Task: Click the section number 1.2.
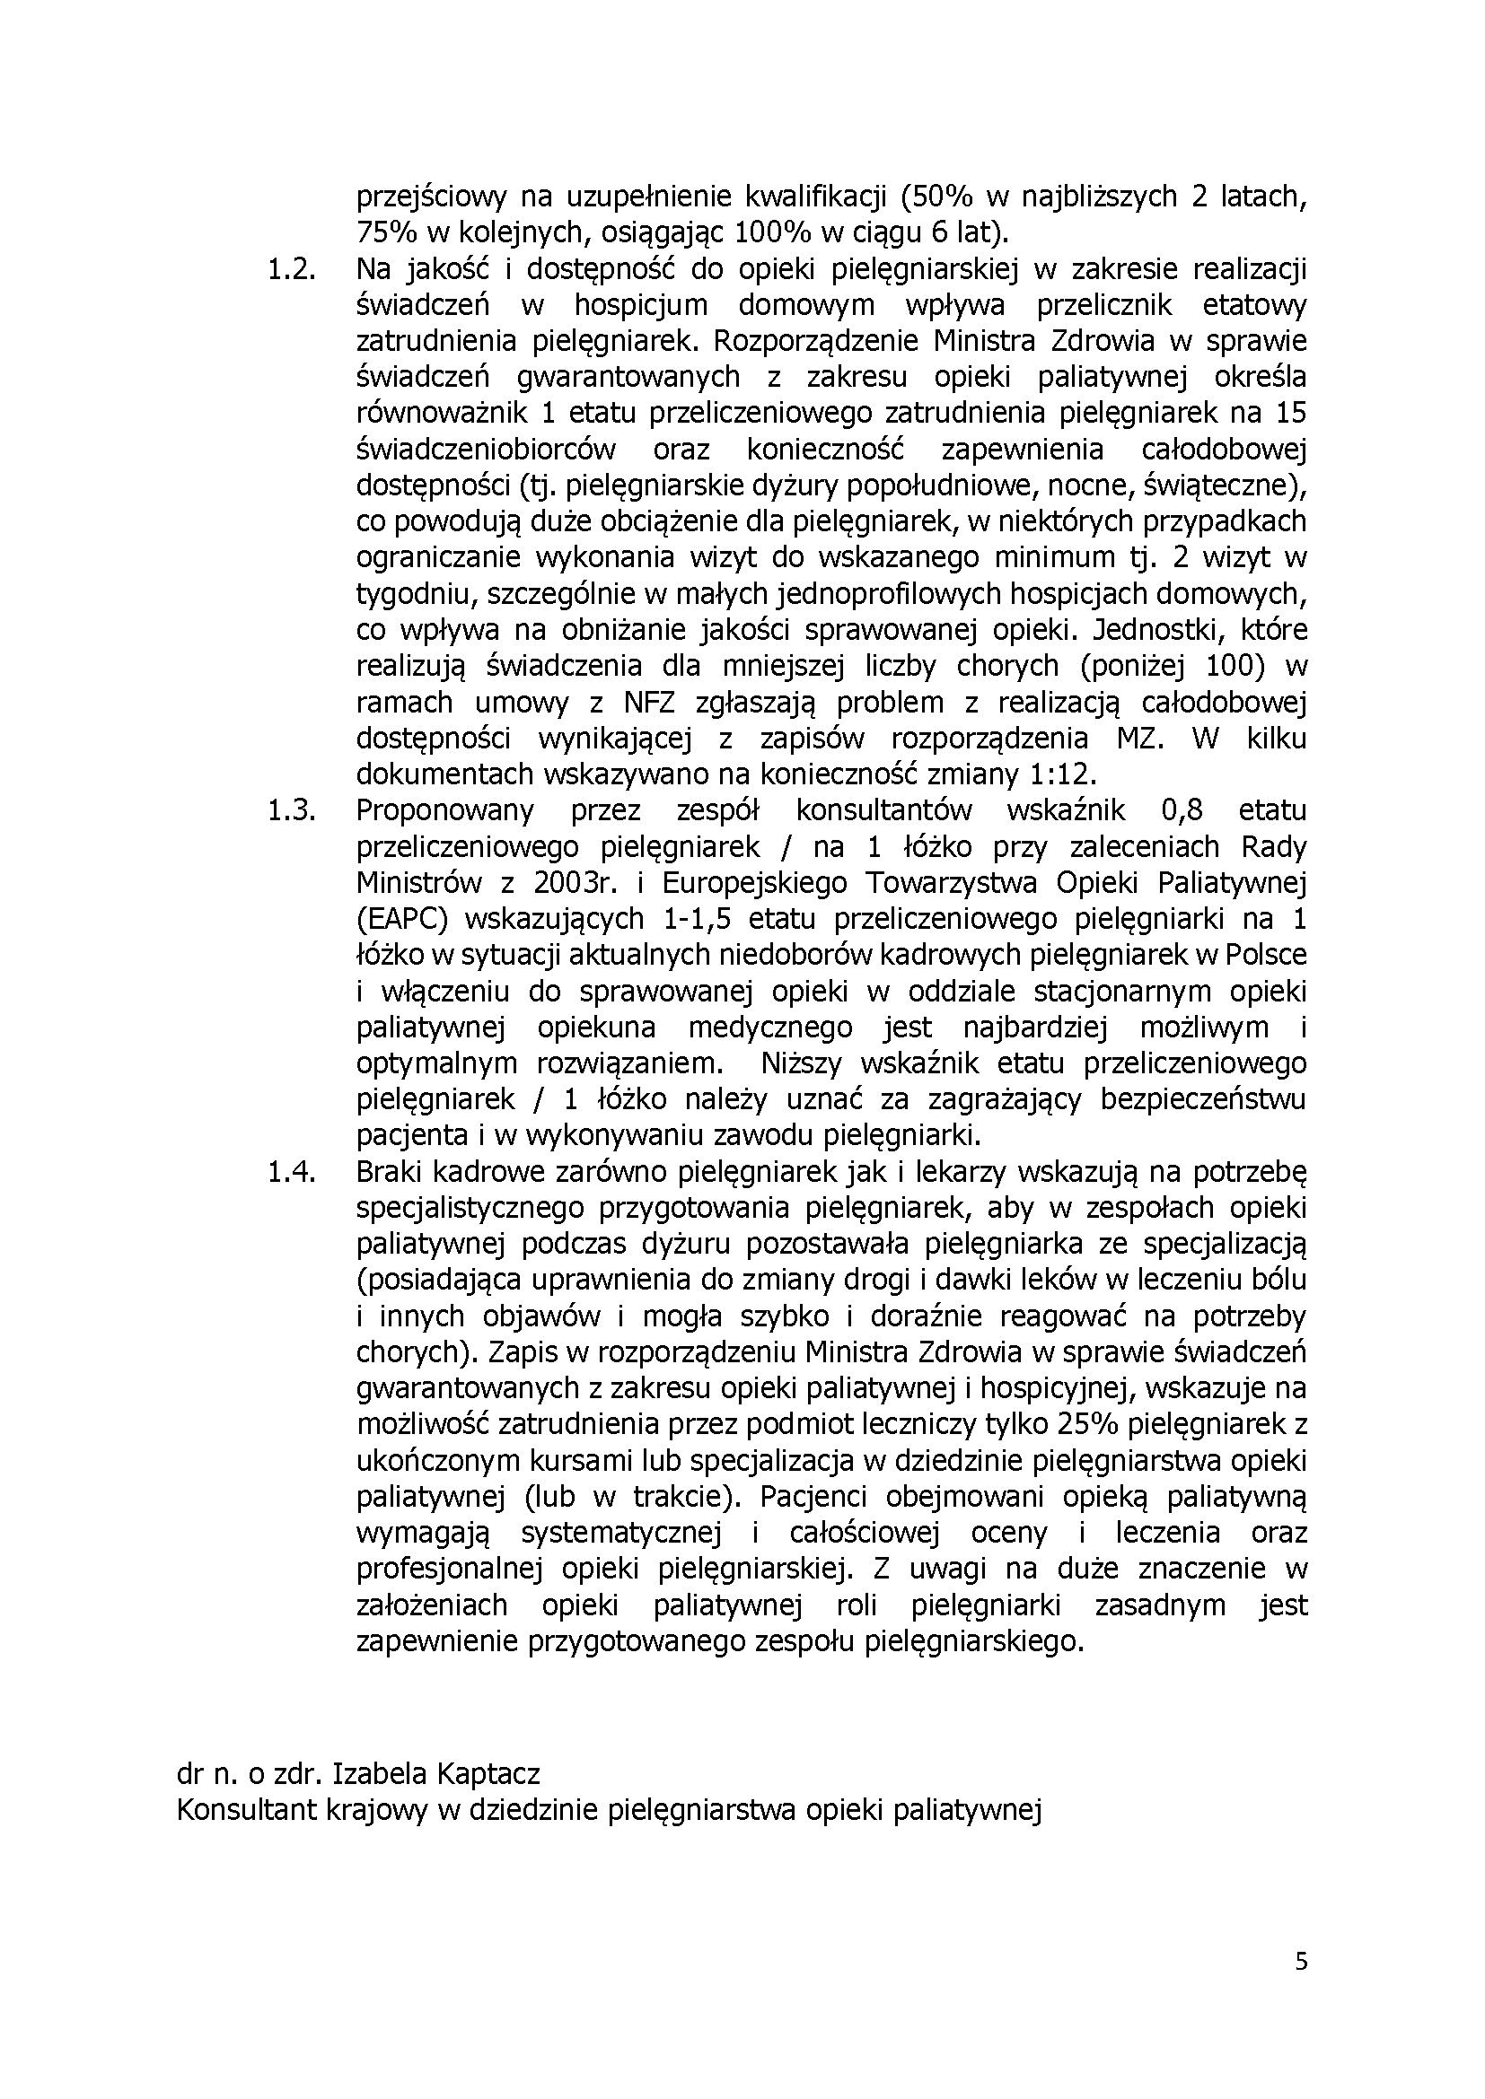click(291, 270)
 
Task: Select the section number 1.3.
click(291, 811)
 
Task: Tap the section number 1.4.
click(291, 1172)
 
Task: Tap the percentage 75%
click(383, 233)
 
